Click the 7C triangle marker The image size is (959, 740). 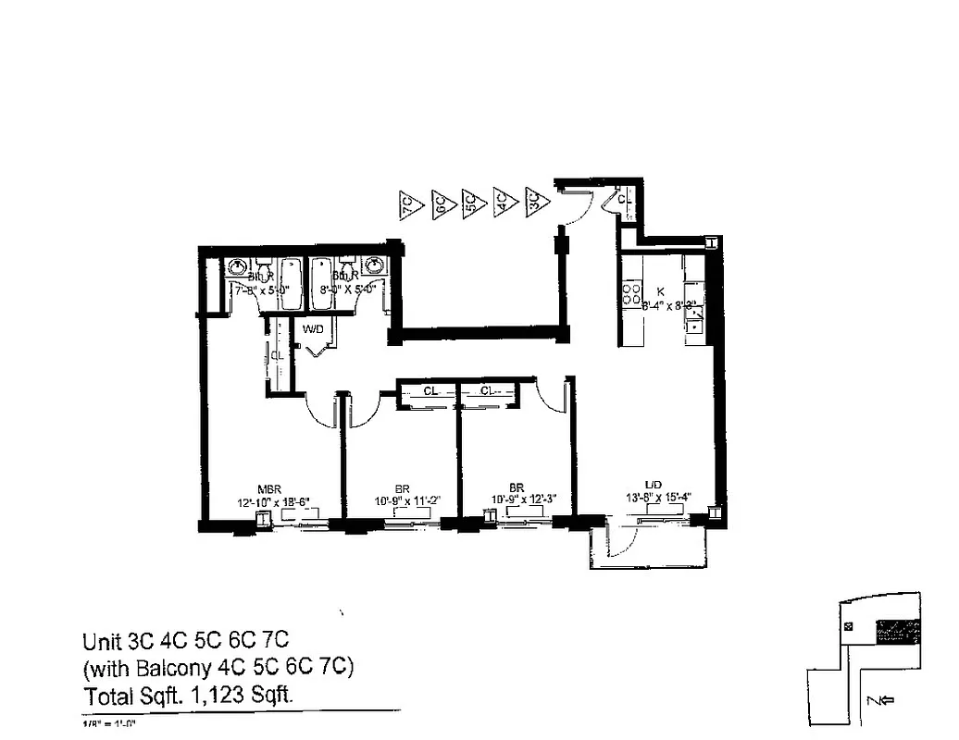pos(406,203)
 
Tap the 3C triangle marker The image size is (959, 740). pos(532,203)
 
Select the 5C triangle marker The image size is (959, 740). pos(469,203)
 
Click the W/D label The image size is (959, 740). pos(312,328)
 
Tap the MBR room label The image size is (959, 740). pos(269,489)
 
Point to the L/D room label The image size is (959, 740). pos(654,484)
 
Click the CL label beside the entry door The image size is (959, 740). pos(624,198)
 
